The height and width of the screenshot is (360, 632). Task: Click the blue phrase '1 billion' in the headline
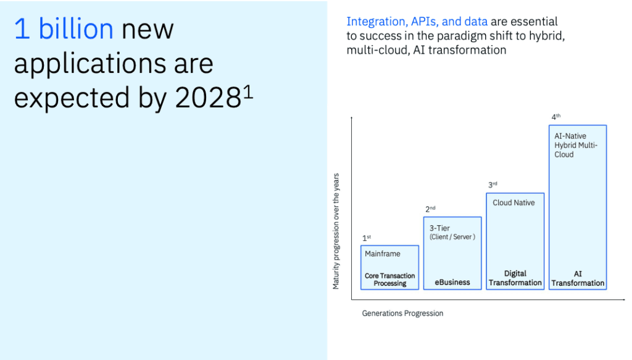pyautogui.click(x=64, y=29)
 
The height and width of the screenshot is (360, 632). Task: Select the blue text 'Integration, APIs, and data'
pyautogui.click(x=417, y=22)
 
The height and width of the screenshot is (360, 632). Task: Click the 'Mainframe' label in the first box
pyautogui.click(x=382, y=254)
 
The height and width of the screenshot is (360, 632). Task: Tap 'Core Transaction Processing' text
pyautogui.click(x=389, y=280)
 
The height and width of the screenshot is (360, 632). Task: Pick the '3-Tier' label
pyautogui.click(x=440, y=228)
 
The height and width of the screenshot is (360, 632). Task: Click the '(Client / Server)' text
pyautogui.click(x=452, y=237)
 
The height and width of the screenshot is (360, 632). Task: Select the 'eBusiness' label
pyautogui.click(x=452, y=282)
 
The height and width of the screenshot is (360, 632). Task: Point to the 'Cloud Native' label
pyautogui.click(x=513, y=203)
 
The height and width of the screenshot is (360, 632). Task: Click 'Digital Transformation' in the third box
pyautogui.click(x=515, y=278)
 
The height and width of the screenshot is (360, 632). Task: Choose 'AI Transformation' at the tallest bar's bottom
pyautogui.click(x=578, y=278)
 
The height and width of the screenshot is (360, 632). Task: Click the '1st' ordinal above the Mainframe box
pyautogui.click(x=367, y=238)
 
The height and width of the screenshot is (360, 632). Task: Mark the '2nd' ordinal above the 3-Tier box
pyautogui.click(x=430, y=209)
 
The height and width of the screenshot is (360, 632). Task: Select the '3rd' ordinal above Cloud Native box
pyautogui.click(x=493, y=185)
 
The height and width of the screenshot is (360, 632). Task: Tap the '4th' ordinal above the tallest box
pyautogui.click(x=556, y=117)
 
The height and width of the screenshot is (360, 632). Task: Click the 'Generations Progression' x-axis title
pyautogui.click(x=402, y=313)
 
